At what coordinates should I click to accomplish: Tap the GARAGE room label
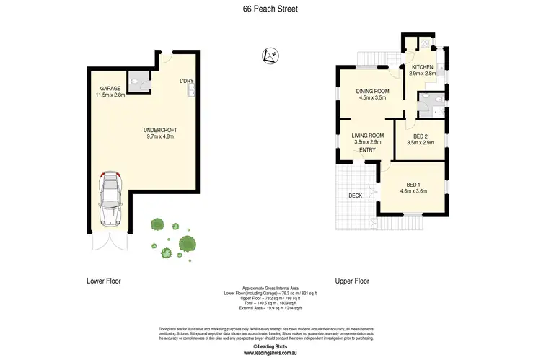(110, 88)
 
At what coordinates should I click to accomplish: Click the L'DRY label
(186, 81)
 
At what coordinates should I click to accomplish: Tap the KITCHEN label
(423, 67)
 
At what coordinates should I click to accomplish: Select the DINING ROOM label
(372, 91)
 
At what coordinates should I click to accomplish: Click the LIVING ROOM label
(367, 136)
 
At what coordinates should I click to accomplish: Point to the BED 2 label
(421, 136)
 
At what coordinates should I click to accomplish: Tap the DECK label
(355, 195)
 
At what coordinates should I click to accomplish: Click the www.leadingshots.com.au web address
(270, 354)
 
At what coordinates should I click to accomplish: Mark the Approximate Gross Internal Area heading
(270, 287)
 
